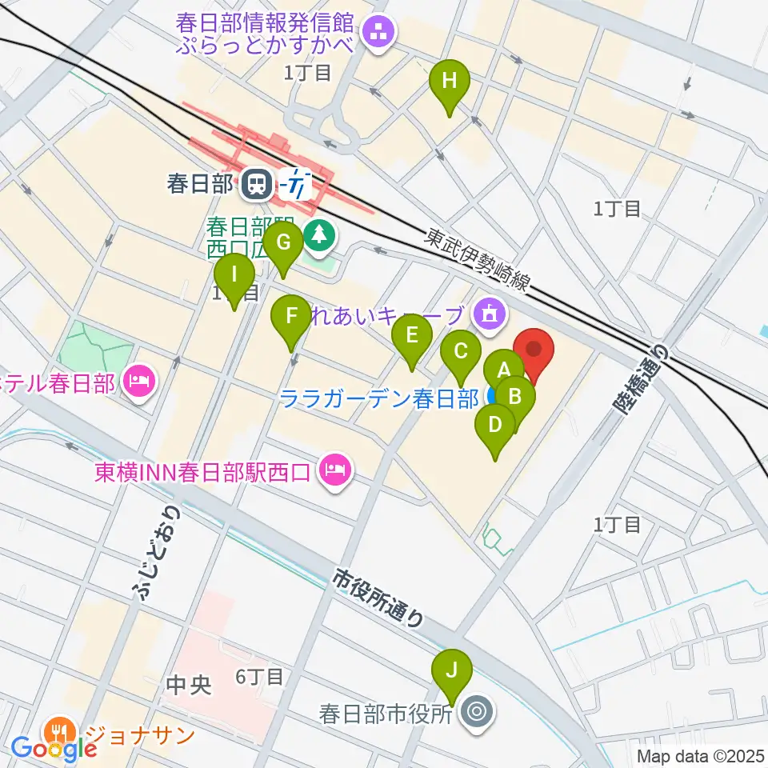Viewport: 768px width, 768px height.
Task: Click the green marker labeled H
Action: click(x=450, y=80)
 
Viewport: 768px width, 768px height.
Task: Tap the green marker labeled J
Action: click(x=451, y=669)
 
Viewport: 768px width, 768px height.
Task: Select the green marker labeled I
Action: click(x=234, y=275)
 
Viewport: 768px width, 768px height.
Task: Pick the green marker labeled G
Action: click(x=282, y=241)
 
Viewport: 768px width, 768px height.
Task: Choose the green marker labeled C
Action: click(x=461, y=351)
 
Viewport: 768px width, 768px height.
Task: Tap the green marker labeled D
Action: click(x=495, y=424)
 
